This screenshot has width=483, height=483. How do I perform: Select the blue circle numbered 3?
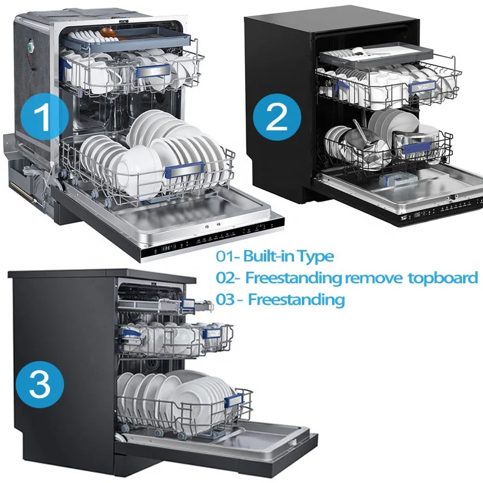point(40,385)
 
